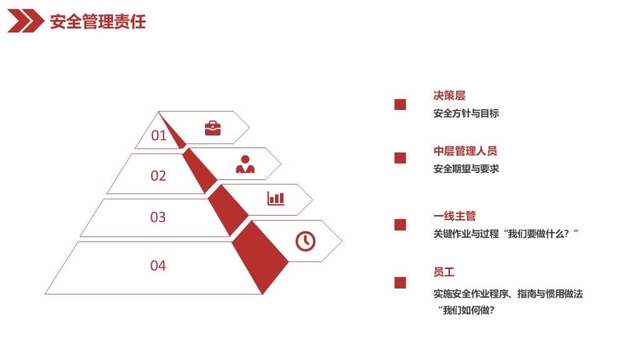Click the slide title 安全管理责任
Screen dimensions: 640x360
97,21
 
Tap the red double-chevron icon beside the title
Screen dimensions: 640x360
25,21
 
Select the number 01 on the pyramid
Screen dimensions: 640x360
159,135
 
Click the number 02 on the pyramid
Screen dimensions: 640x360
158,176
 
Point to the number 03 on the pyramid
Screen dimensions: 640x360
158,217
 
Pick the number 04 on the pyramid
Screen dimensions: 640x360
158,265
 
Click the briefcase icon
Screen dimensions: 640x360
212,128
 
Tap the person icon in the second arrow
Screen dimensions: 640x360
245,164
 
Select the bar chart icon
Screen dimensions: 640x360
276,198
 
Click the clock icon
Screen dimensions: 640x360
305,241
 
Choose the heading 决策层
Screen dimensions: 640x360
449,96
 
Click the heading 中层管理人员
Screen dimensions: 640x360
465,151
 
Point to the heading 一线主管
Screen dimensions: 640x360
454,216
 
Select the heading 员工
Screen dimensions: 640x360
444,272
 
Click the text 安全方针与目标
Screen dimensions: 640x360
466,113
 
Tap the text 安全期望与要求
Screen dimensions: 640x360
466,169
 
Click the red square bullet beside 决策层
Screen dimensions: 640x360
400,104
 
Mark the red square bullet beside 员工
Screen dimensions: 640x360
400,283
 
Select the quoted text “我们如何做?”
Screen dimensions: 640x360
466,310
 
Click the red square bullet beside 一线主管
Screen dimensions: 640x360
400,225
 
